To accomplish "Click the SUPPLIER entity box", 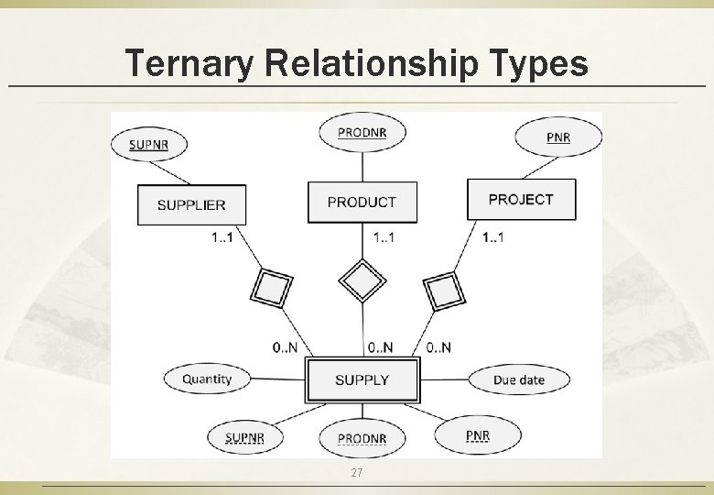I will point(190,204).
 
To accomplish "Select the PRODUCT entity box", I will point(362,202).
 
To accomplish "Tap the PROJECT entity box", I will point(521,199).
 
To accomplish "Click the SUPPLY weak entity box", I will point(362,379).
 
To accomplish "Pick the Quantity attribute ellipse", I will point(207,379).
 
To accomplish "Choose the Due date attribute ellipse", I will point(518,379).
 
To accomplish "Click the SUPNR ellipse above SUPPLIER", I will point(146,144).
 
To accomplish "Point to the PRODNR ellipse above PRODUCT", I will point(362,132).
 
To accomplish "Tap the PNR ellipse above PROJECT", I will point(557,137).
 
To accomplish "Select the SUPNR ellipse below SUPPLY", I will point(244,437).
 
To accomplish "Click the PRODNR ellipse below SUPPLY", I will point(362,438).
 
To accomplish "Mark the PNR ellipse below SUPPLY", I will point(477,434).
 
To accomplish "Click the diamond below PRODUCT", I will point(362,279).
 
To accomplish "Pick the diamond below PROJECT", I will point(445,291).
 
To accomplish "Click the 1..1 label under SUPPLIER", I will point(222,237).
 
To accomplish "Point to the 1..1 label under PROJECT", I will point(493,237).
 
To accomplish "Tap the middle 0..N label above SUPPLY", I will point(380,346).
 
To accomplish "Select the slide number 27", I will point(357,472).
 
